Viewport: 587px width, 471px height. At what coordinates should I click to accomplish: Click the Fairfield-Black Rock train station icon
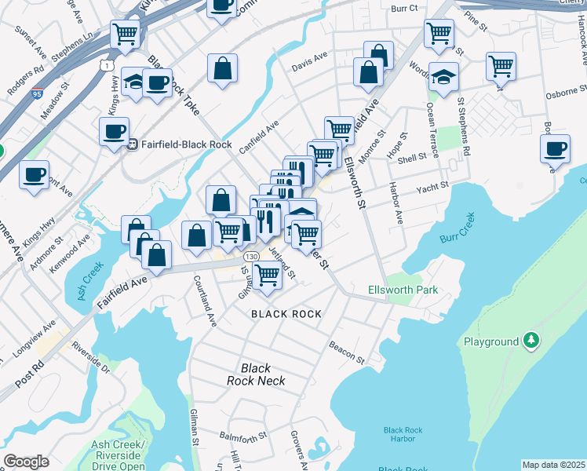point(133,144)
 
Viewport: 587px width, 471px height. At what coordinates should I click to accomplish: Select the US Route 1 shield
point(105,65)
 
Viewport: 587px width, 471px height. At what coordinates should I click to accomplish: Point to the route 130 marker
point(250,257)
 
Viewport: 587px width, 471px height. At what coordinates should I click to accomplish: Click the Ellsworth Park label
point(403,290)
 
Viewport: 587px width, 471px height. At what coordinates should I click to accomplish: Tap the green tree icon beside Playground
point(532,340)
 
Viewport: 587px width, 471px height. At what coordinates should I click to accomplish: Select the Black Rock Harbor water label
point(403,435)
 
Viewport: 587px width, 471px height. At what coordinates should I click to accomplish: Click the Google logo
point(26,462)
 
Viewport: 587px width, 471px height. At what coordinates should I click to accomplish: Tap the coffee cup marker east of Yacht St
point(555,148)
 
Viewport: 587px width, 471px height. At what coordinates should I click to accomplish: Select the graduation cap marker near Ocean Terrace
point(443,77)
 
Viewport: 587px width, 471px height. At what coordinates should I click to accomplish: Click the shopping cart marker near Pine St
point(439,34)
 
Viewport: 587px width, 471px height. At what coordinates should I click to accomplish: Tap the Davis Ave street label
point(308,59)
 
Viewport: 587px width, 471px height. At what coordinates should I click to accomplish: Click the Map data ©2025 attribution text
point(553,465)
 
